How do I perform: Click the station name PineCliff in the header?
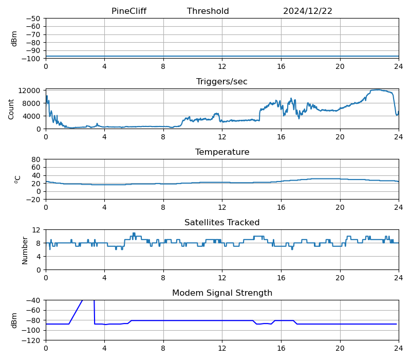tap(132, 11)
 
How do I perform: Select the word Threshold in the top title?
tap(208, 11)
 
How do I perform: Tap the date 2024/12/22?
tap(308, 11)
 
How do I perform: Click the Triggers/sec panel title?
tap(222, 82)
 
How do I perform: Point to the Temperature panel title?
tap(222, 152)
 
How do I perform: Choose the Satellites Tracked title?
tap(222, 223)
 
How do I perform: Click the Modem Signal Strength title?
tap(222, 293)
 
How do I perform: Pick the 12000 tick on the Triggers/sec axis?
tap(30, 91)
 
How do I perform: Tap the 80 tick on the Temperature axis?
tap(36, 159)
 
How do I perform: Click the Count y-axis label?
tap(11, 109)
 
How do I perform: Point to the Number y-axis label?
tap(25, 250)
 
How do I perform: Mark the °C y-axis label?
tap(17, 179)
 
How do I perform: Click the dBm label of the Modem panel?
tap(14, 320)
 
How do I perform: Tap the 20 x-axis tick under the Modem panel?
tap(340, 348)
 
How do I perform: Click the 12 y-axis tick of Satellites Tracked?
tap(36, 230)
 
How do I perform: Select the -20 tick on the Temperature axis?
tap(34, 200)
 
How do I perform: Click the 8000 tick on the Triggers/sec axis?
tap(32, 103)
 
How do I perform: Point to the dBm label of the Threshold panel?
tap(14, 39)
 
